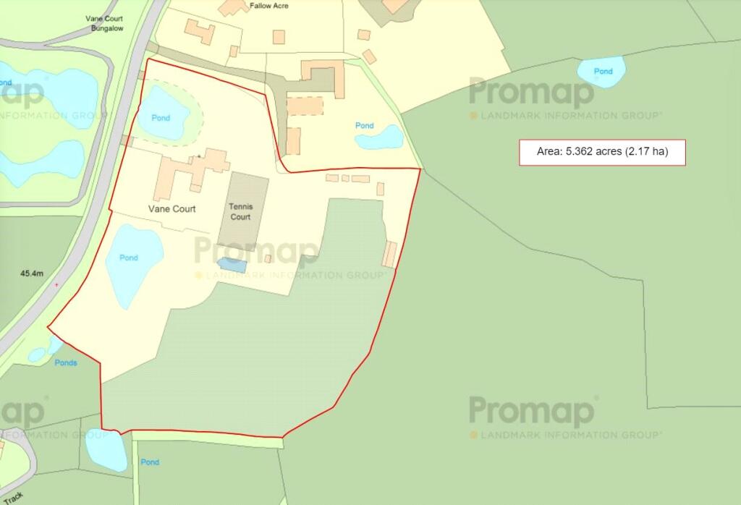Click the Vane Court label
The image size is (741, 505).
172,209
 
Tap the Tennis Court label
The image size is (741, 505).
240,211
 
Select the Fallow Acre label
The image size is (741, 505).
269,6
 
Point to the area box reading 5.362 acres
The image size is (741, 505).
601,152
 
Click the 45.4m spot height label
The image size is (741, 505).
33,273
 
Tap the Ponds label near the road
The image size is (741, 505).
66,362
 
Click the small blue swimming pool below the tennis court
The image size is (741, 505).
232,265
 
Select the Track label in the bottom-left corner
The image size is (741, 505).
13,498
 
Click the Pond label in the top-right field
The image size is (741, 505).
603,72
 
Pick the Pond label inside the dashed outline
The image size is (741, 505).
161,118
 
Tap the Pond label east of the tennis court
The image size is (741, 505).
365,126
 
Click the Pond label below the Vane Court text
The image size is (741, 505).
129,258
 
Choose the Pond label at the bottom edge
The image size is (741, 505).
150,462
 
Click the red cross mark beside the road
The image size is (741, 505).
57,285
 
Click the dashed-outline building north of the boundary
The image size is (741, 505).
305,106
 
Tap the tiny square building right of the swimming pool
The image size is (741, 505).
268,258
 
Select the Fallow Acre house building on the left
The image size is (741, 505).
200,32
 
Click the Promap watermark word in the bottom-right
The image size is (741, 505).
532,412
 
